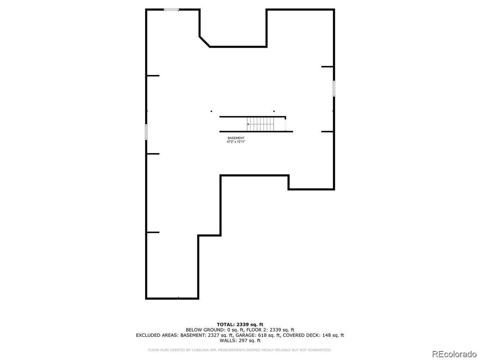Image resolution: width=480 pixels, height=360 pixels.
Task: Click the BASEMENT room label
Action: click(236, 138)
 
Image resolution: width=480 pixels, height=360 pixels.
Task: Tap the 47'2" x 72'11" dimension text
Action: click(236, 141)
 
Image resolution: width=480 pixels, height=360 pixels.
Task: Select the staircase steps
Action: click(260, 124)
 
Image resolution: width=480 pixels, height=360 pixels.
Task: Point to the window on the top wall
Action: click(171, 10)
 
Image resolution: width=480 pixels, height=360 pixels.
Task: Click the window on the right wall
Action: click(334, 89)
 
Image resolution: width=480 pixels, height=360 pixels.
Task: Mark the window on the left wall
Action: click(146, 132)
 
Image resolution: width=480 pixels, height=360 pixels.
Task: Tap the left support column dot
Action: click(211, 111)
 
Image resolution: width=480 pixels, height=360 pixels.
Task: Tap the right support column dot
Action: click(274, 111)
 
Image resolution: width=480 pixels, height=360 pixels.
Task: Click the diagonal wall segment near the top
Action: click(205, 41)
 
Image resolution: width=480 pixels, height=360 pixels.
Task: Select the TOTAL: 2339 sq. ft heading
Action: click(240, 325)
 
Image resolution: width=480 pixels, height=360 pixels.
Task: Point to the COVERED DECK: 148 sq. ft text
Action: click(314, 335)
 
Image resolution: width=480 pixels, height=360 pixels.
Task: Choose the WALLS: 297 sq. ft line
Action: click(240, 340)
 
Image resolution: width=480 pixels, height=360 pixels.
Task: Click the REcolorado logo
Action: click(454, 354)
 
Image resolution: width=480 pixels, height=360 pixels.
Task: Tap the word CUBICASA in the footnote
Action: click(200, 350)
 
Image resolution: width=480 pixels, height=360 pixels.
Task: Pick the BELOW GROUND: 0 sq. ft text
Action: click(215, 330)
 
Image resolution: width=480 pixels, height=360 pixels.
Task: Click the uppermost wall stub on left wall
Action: click(153, 76)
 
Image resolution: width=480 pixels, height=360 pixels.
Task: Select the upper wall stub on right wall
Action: click(327, 67)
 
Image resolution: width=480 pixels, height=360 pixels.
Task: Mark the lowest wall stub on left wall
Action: click(153, 232)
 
